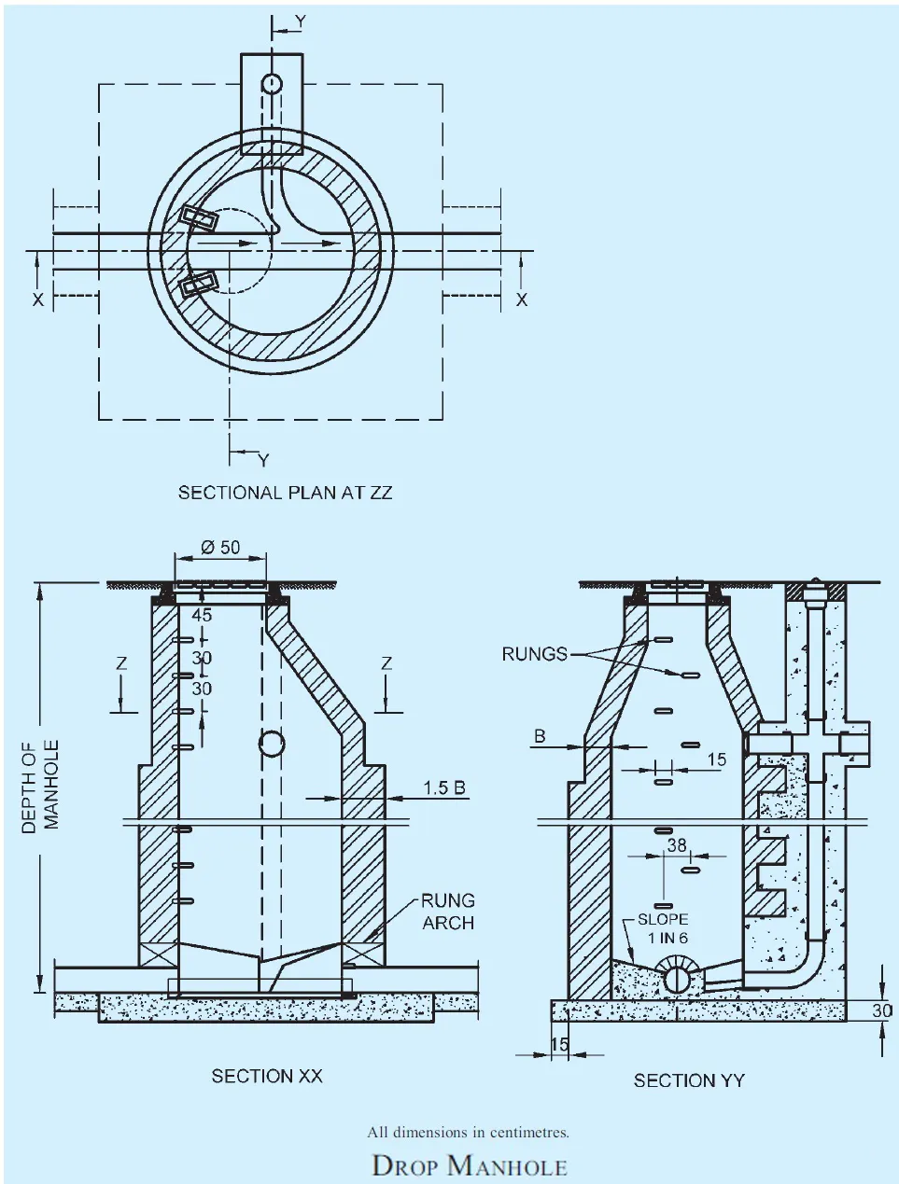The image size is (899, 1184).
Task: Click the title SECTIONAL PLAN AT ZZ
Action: pos(285,493)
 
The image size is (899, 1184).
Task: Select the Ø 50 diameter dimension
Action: pos(220,548)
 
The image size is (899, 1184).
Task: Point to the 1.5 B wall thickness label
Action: pos(443,787)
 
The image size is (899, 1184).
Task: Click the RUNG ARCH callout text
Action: pos(448,912)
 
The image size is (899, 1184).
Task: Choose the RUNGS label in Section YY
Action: pos(534,654)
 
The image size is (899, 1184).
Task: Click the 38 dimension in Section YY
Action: pos(677,845)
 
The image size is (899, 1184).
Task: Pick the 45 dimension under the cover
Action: pos(202,616)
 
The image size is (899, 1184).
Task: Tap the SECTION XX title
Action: pos(267,1076)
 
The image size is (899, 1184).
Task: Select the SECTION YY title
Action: pos(689,1080)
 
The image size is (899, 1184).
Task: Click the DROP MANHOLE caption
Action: pos(470,1166)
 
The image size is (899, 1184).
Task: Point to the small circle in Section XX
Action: pos(271,744)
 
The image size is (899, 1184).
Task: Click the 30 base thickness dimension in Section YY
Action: pos(881,1010)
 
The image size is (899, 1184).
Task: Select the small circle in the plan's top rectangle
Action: pos(272,84)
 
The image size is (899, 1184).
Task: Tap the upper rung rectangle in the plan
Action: pos(199,218)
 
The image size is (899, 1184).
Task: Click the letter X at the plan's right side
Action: pos(522,299)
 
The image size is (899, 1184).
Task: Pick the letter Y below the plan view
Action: pos(263,460)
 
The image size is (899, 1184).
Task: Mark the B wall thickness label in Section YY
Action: pos(540,736)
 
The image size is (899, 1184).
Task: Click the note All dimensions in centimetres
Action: pos(468,1133)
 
